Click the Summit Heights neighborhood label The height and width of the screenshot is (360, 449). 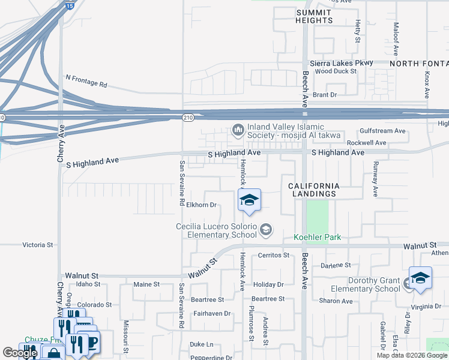tap(314, 16)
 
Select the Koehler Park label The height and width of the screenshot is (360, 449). tap(317, 238)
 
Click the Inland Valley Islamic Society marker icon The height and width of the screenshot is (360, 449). tap(238, 130)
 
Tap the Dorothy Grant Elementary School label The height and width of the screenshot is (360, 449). tap(374, 284)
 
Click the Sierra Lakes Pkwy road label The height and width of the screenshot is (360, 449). tap(341, 62)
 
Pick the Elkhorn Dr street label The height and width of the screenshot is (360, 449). tap(201, 205)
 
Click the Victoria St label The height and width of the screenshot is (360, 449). tap(38, 245)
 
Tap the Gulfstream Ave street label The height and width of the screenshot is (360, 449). tap(383, 131)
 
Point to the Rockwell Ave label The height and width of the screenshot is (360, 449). tap(367, 143)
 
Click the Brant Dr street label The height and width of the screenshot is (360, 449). tap(325, 95)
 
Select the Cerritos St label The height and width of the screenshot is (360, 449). tap(273, 255)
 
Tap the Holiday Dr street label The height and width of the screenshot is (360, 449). tap(268, 284)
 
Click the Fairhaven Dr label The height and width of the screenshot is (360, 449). tap(212, 313)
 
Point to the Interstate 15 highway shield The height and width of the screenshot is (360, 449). tap(70, 5)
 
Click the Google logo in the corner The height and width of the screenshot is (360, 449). tap(20, 353)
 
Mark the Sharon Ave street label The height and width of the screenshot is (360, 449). tap(336, 301)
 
